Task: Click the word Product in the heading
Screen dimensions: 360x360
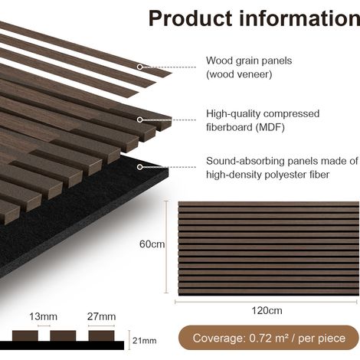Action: pos(190,18)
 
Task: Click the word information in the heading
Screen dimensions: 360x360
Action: pos(299,18)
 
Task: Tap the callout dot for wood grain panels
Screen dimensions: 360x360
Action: pos(139,67)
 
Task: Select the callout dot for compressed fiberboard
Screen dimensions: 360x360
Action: pos(139,119)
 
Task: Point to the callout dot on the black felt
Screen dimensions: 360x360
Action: pos(139,167)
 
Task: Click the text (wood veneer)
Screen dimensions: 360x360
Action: pos(239,74)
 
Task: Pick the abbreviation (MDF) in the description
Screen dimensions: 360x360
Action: pos(270,127)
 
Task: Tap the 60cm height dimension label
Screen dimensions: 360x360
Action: pos(152,244)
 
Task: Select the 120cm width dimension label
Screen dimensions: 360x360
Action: pos(267,311)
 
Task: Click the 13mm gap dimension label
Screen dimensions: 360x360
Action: pos(43,316)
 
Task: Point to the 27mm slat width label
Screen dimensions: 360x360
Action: pos(101,316)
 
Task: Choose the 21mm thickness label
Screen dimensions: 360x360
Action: pos(144,341)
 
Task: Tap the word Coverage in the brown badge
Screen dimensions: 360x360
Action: pos(218,339)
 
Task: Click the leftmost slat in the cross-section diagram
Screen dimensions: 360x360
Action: pos(25,335)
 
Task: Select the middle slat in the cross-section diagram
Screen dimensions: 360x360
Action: pos(63,335)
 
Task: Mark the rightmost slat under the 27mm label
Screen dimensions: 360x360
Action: pos(101,335)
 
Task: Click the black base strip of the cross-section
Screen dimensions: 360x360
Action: pos(62,345)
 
